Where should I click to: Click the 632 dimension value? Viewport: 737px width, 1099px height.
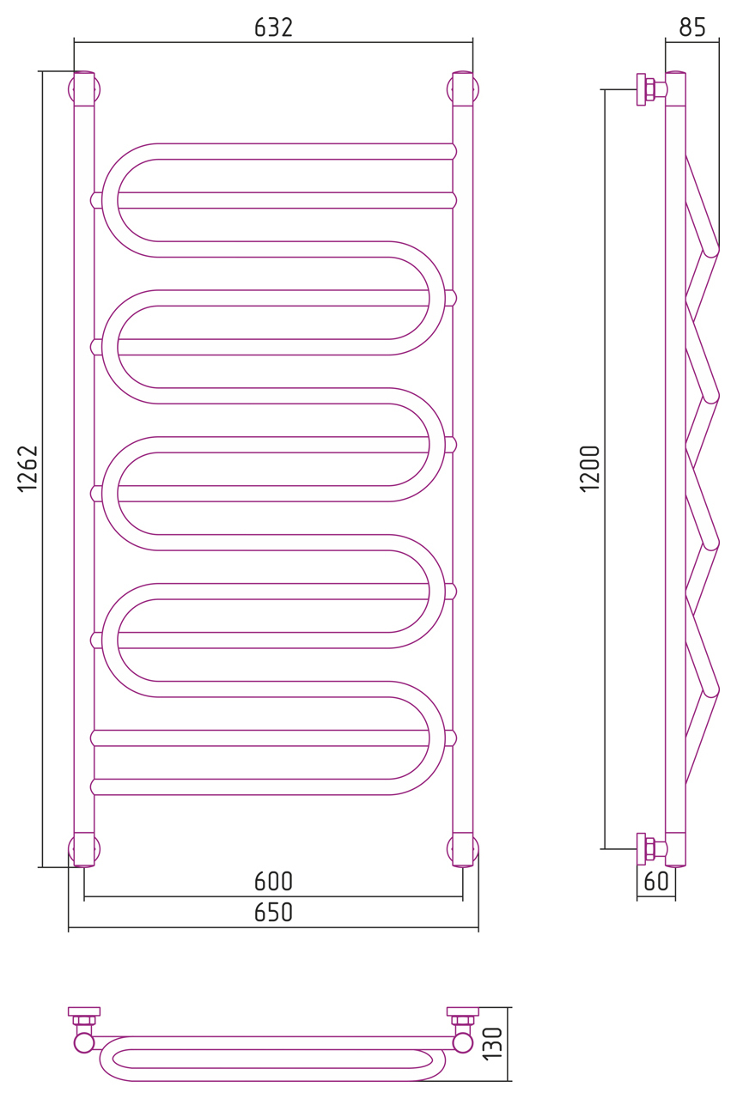point(273,27)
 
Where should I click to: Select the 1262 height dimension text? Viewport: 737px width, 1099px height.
point(27,469)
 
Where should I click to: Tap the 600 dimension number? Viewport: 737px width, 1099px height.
point(273,882)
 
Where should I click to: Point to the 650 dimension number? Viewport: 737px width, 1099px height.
point(273,913)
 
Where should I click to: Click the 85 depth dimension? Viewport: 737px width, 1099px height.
point(692,27)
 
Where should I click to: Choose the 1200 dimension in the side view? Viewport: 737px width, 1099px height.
point(590,469)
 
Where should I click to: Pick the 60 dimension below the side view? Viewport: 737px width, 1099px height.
point(656,882)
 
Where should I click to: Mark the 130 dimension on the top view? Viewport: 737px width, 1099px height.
point(493,1043)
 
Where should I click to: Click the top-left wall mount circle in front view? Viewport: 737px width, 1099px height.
point(84,90)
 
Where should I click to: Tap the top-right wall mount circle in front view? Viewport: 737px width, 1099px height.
point(463,90)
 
